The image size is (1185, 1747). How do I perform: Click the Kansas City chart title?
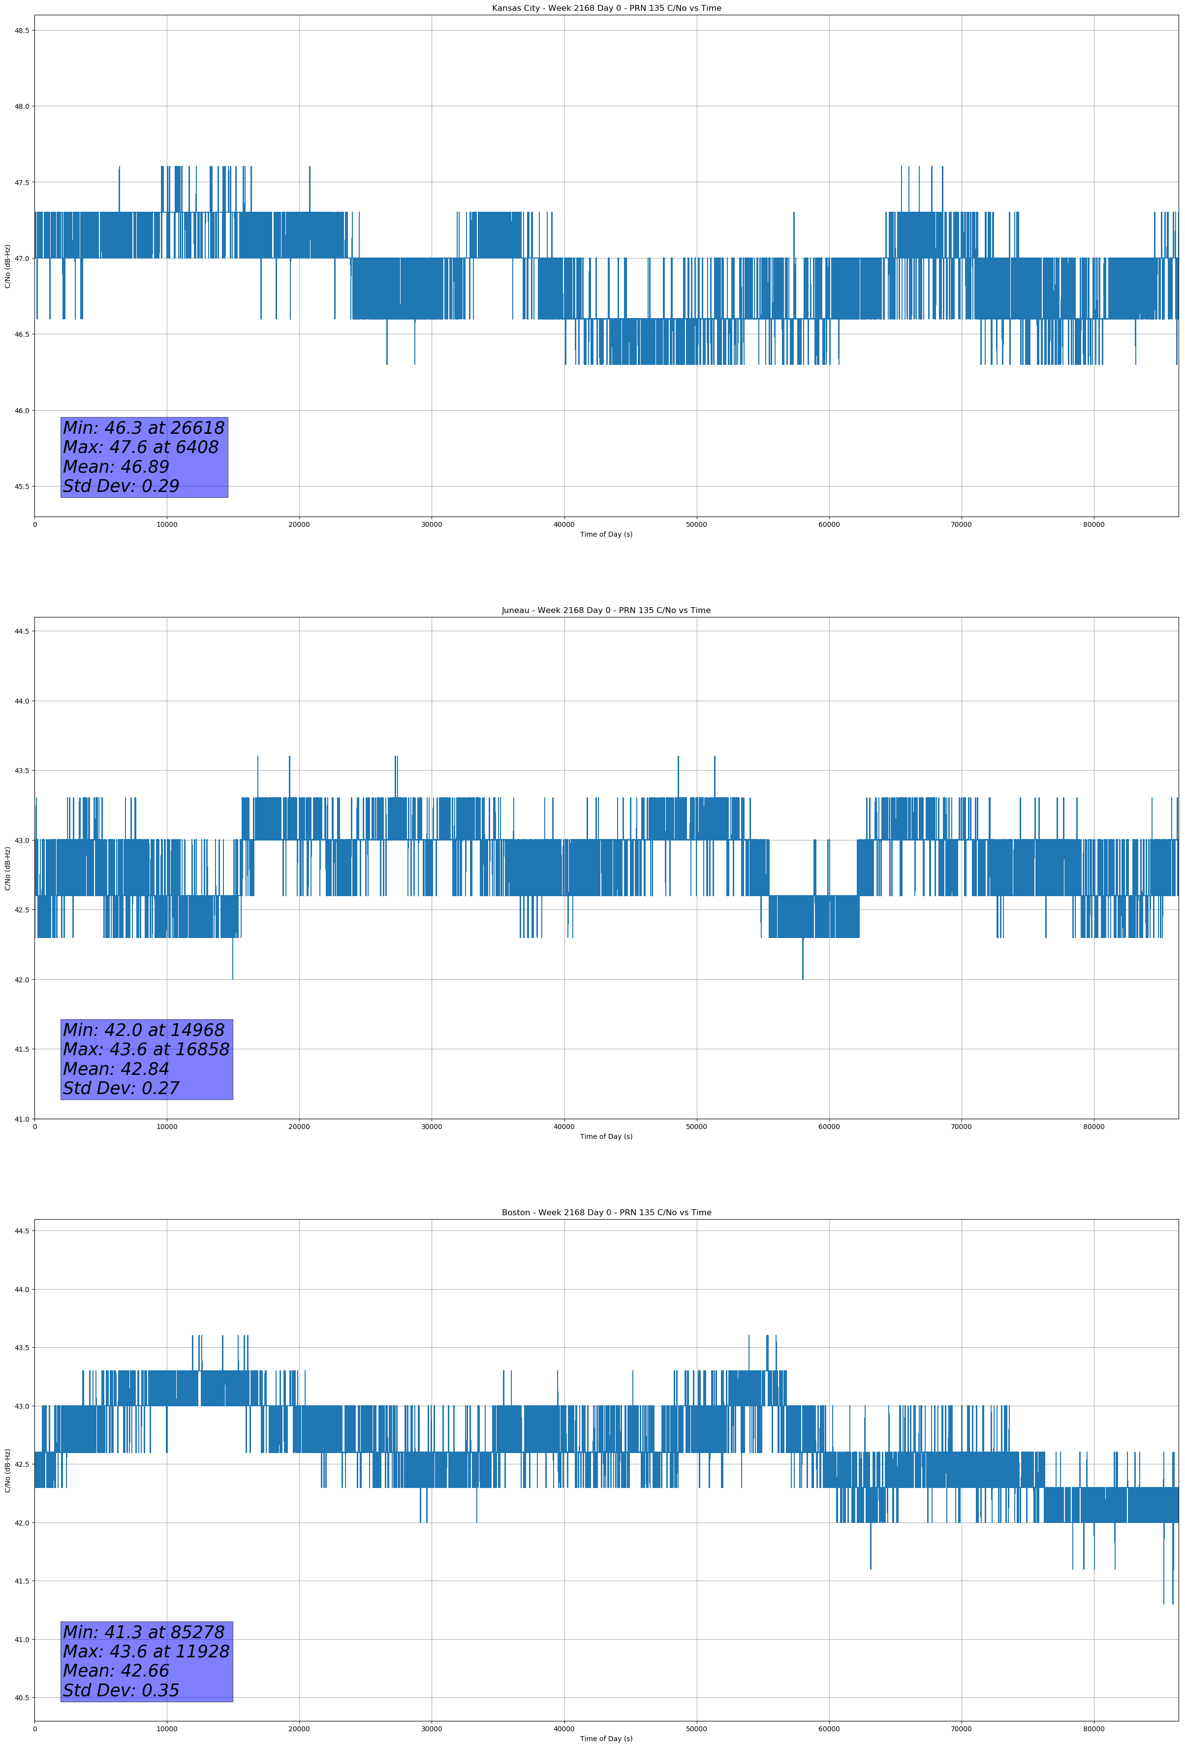[x=606, y=8]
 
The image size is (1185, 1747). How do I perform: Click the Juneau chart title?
[x=606, y=611]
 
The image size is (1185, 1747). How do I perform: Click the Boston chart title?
[x=606, y=1213]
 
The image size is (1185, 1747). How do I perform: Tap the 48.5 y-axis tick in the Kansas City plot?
[x=21, y=30]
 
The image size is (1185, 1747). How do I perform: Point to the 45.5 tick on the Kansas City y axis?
[x=21, y=486]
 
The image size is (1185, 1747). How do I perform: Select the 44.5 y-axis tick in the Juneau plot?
[x=21, y=631]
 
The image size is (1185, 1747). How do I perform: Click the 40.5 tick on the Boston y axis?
[x=21, y=1697]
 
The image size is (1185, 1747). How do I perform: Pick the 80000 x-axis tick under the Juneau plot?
[x=1093, y=1127]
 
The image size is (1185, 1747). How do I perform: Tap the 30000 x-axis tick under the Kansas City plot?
[x=431, y=525]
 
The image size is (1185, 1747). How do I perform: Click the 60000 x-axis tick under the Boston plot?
[x=829, y=1729]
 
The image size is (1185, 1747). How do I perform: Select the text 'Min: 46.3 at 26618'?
[x=144, y=428]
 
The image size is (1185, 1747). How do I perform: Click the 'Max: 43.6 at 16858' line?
[x=146, y=1049]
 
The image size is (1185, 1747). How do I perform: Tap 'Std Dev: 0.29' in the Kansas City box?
[x=121, y=486]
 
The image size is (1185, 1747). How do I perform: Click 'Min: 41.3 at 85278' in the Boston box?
[x=144, y=1632]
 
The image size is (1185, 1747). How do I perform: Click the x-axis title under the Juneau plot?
[x=606, y=1136]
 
